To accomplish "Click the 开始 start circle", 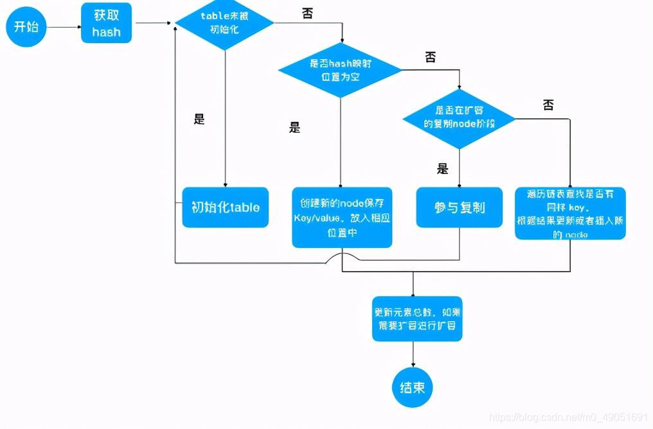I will pos(26,27).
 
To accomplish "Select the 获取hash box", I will pos(106,23).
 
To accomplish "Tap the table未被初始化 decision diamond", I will pos(224,23).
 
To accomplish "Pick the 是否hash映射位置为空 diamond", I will pos(340,69).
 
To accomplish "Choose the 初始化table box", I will pos(225,207).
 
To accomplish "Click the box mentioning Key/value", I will pos(342,218).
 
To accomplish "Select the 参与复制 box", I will pos(459,207).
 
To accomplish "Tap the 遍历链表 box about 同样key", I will pos(570,213).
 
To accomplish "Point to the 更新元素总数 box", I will pos(416,319).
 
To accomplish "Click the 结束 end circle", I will pos(413,387).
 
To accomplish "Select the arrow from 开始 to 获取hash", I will pos(64,27).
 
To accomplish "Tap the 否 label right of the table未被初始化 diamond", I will pos(307,13).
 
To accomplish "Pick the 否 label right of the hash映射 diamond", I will pos(430,57).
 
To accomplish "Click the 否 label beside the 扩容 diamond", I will pos(548,105).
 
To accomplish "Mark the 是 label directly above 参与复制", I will pos(442,169).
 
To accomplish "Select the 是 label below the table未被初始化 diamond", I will pos(199,119).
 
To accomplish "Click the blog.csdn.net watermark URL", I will pos(566,417).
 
